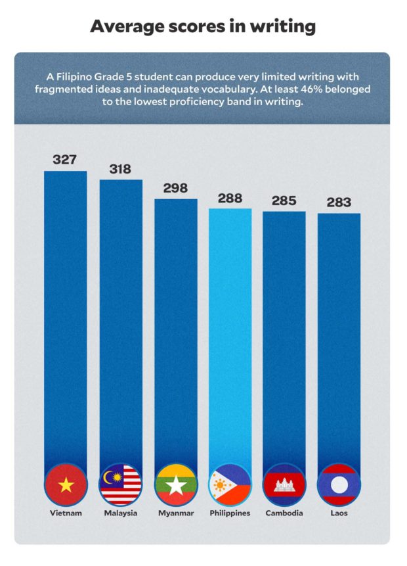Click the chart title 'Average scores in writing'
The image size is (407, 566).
point(203,26)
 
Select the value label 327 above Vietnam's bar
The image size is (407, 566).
point(65,159)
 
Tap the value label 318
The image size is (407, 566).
point(120,168)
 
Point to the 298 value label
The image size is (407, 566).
point(175,187)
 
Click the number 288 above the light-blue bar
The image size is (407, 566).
point(230,197)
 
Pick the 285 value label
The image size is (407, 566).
point(284,200)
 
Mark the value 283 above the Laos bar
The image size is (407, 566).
point(339,202)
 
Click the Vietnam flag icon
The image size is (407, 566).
point(65,485)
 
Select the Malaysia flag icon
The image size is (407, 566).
point(120,485)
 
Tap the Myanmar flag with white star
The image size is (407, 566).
point(175,485)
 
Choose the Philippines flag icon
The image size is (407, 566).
point(230,485)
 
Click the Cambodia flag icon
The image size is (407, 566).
point(284,485)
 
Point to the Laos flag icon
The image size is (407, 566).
point(339,485)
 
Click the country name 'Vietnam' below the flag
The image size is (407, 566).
point(65,513)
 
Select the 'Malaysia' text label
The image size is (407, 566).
point(120,513)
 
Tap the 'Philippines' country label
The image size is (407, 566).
point(230,513)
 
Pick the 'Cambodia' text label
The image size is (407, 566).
point(284,513)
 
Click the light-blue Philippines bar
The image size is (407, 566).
point(230,329)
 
